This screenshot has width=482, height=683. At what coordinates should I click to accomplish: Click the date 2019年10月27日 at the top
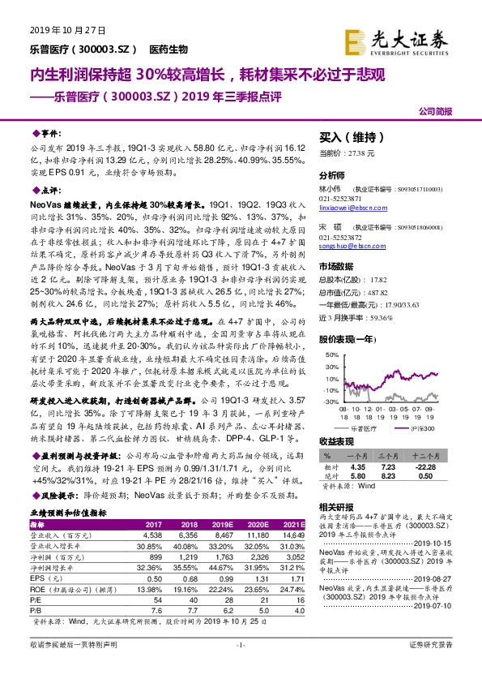[x=58, y=32]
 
